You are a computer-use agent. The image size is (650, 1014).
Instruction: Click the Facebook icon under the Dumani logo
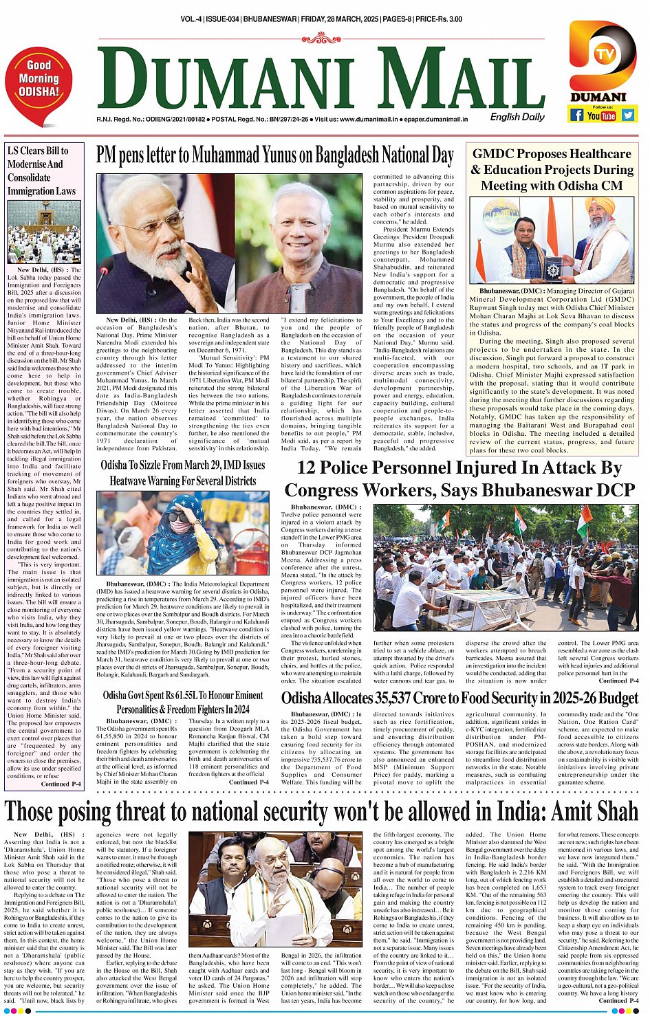577,115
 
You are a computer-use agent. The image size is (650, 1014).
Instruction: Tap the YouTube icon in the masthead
602,115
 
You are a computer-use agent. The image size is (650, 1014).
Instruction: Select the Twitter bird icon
627,115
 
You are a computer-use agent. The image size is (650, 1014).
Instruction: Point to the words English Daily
517,117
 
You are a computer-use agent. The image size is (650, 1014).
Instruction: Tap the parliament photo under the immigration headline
43,232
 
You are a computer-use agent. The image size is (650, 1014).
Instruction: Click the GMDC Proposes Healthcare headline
552,169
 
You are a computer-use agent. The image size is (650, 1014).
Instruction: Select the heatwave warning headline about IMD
182,473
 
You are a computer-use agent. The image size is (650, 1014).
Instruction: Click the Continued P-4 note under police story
617,681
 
